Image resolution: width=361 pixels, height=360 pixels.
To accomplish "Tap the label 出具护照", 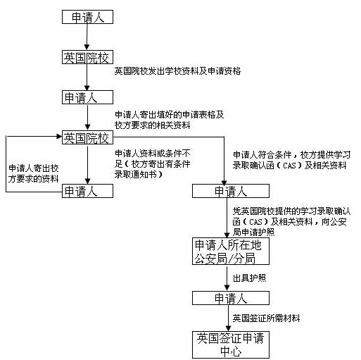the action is point(249,278).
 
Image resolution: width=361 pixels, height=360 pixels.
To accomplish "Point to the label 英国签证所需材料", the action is point(266,318).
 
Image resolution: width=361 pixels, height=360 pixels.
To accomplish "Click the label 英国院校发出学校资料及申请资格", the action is point(177,71).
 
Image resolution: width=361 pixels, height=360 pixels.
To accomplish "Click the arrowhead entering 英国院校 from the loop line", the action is point(59,136).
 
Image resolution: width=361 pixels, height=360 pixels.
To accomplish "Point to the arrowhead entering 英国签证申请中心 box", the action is point(228,328).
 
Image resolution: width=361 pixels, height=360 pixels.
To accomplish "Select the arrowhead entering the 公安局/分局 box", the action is point(227,235).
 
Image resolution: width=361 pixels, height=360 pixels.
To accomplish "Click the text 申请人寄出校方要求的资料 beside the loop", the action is point(34,173).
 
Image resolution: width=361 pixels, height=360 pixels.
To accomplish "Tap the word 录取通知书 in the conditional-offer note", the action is point(136,175).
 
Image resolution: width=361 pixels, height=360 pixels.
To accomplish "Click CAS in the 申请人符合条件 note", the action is point(289,166).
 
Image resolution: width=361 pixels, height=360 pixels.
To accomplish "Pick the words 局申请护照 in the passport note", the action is point(253,232).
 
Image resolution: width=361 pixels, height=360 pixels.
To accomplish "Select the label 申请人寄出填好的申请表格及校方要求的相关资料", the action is point(170,120).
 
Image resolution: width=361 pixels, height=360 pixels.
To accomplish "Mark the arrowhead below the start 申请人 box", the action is point(87,47).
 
